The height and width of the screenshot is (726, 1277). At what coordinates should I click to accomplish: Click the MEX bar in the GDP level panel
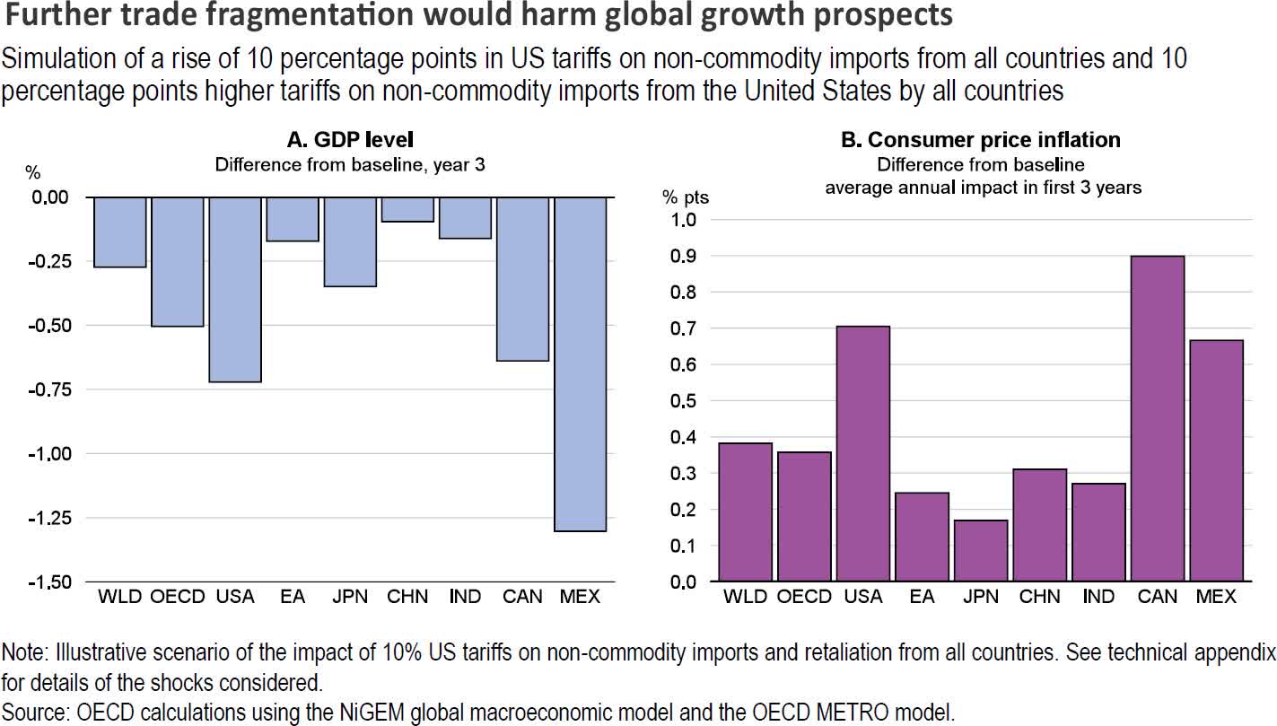pos(581,363)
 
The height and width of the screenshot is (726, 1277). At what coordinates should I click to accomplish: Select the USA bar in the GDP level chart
pos(235,289)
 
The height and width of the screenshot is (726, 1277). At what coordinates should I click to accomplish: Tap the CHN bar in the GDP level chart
pos(407,209)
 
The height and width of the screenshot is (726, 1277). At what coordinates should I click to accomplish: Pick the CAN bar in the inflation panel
pos(1158,418)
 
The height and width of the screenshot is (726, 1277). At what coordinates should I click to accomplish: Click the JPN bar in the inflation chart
pos(980,550)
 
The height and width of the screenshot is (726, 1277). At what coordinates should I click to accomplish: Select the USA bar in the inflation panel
pos(863,453)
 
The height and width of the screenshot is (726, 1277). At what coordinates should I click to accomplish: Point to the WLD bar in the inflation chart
pos(747,512)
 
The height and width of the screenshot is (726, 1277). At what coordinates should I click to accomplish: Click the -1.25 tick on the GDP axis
pos(57,518)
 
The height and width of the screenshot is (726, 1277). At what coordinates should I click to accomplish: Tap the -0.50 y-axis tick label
pos(57,326)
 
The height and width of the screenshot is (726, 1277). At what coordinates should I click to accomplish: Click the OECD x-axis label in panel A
pos(177,597)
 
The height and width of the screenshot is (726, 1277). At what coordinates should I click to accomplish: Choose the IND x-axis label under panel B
pos(1098,597)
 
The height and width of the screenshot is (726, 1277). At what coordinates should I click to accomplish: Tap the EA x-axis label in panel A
pos(293,597)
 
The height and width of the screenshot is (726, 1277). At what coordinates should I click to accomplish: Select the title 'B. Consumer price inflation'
pos(981,140)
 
